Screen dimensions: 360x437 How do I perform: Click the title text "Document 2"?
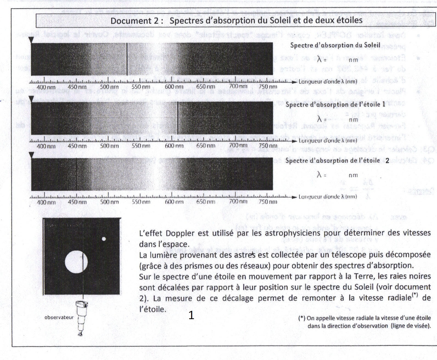tap(135, 21)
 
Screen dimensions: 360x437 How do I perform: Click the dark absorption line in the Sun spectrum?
tap(127, 59)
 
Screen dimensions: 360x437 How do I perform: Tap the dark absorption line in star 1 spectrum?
tap(178, 118)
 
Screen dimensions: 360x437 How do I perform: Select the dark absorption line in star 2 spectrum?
tap(76, 174)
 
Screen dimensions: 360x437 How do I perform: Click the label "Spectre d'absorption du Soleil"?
tap(335, 45)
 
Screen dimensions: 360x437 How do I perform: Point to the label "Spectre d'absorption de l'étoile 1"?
tap(335, 105)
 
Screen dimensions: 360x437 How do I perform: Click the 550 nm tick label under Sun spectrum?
tap(141, 87)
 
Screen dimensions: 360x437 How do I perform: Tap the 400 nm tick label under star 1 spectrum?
tap(46, 146)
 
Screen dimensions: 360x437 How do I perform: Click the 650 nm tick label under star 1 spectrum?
tap(206, 146)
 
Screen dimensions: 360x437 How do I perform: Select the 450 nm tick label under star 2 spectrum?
tap(77, 202)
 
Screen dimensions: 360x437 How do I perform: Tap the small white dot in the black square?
tap(104, 239)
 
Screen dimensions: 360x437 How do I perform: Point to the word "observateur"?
tap(59, 317)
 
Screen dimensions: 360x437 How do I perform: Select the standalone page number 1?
tap(191, 315)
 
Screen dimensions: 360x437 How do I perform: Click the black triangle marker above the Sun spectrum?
tap(32, 40)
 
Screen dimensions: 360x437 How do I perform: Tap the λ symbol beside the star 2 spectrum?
tap(319, 175)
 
